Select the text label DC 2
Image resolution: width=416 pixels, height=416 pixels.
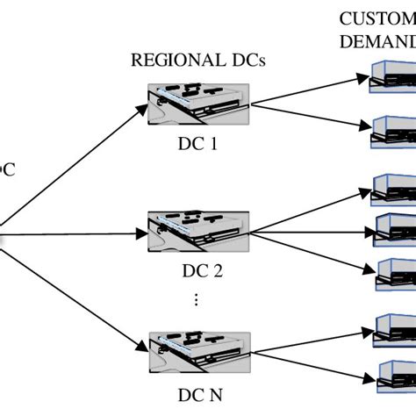(x=197, y=270)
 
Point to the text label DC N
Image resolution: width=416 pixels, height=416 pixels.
(x=197, y=394)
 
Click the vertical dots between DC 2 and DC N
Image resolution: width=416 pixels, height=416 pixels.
(x=197, y=300)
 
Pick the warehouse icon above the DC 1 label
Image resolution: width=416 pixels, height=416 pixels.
(x=197, y=104)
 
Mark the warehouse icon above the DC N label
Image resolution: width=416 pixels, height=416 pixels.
(x=197, y=353)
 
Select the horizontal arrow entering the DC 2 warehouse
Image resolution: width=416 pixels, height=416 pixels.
(x=75, y=234)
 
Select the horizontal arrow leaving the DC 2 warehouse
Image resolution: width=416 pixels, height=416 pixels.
(x=307, y=234)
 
